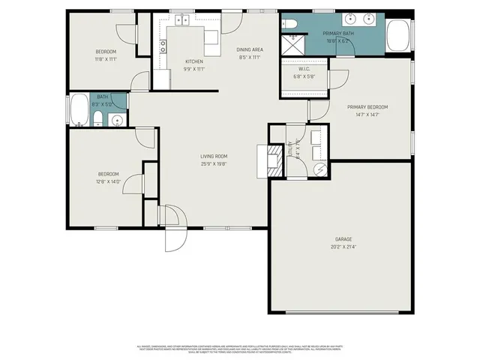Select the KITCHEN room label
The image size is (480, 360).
[195, 61]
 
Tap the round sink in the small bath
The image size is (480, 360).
[116, 121]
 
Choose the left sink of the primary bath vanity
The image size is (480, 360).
[351, 19]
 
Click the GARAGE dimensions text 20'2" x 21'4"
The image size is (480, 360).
[343, 246]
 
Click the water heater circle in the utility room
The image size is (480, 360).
[319, 169]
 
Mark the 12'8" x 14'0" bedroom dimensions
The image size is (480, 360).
[109, 181]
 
